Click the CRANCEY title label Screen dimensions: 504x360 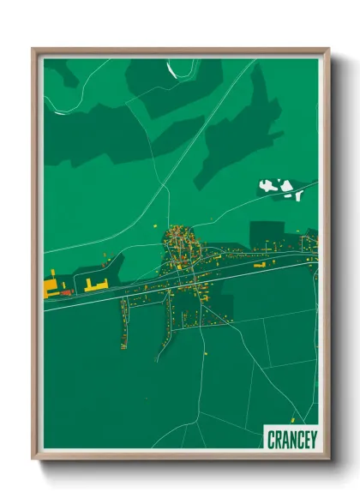coord(291,440)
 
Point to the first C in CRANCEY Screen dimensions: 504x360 coord(271,440)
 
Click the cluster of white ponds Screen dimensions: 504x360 coord(281,188)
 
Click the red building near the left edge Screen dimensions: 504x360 coord(64,293)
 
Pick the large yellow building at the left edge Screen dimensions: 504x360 coord(50,285)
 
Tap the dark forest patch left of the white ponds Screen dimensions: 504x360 coord(236,137)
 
